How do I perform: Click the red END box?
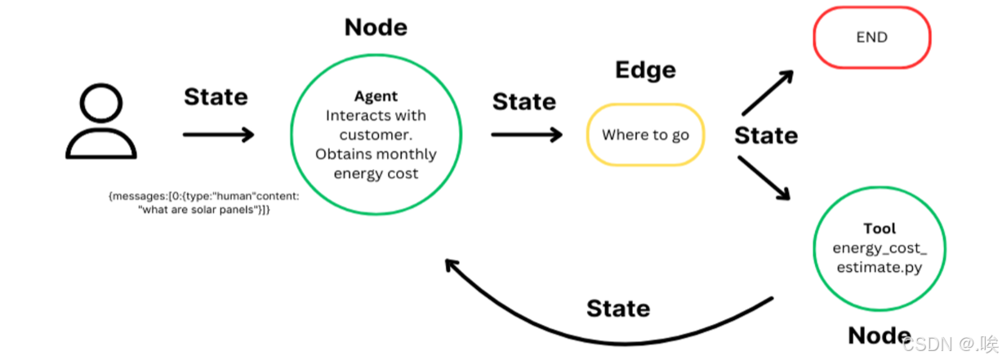[872, 38]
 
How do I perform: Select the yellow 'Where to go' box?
[645, 135]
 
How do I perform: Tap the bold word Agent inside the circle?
[376, 96]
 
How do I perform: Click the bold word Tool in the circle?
[880, 229]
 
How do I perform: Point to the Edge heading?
[645, 69]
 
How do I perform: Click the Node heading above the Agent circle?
[376, 27]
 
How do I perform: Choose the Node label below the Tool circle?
[880, 336]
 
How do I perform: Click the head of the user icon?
[101, 103]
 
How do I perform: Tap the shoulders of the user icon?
[101, 144]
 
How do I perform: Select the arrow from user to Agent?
[218, 135]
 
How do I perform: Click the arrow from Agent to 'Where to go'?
[527, 135]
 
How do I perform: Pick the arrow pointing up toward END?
[768, 92]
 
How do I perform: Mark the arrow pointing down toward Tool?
[764, 177]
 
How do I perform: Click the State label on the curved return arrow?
[618, 309]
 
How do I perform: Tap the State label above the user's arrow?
[216, 96]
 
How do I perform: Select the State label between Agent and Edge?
[524, 101]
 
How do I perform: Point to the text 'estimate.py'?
[880, 268]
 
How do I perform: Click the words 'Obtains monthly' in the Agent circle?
[376, 154]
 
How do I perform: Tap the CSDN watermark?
[950, 344]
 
